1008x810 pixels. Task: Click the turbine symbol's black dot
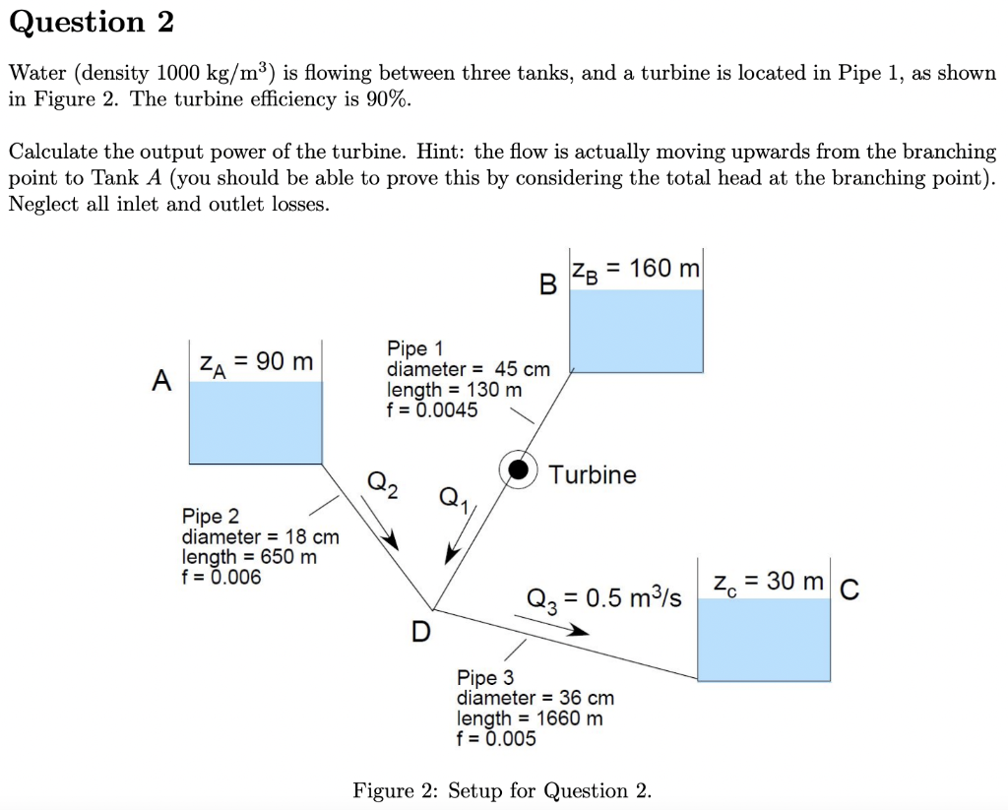click(x=518, y=470)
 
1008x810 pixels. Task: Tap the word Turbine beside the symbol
click(x=593, y=475)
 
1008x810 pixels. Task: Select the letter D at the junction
click(x=420, y=631)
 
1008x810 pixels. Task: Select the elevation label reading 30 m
click(x=769, y=581)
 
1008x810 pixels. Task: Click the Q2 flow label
click(x=383, y=483)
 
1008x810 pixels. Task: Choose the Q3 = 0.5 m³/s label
click(x=604, y=598)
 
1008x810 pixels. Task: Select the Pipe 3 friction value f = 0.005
click(x=497, y=739)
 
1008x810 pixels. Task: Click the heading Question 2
click(x=92, y=22)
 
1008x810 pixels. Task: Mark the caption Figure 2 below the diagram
click(x=502, y=791)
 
